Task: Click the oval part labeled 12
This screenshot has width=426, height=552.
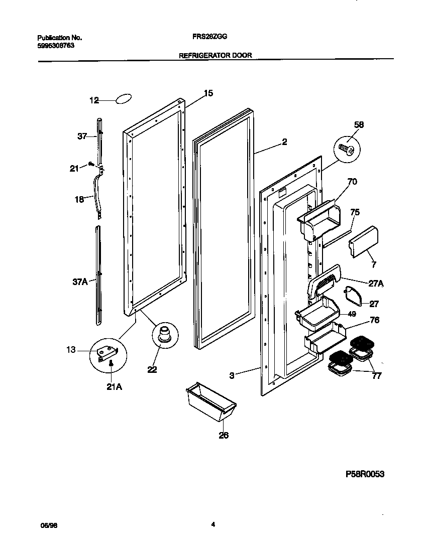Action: point(123,99)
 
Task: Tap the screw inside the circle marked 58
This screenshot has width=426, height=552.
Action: point(347,149)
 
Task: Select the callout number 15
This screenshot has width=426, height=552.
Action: point(208,93)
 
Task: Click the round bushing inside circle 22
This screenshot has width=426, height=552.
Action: point(164,334)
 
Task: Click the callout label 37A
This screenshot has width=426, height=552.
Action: point(80,282)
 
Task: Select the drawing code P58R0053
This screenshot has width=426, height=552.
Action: point(364,474)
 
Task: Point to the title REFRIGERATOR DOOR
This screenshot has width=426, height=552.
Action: point(216,55)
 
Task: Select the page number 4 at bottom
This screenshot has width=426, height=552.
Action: point(213,525)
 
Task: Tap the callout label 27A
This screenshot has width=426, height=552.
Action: point(376,283)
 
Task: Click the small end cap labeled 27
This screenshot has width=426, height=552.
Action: point(354,296)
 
